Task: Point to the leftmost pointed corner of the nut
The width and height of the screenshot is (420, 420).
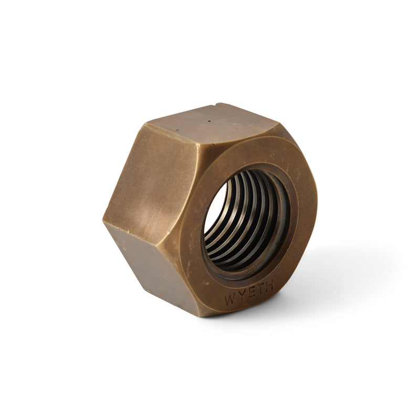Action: click(x=104, y=220)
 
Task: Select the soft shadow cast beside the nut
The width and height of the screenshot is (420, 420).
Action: click(x=336, y=273)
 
